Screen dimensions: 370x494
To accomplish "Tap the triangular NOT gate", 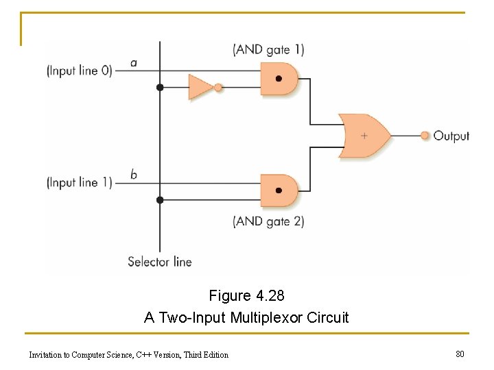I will click(200, 88).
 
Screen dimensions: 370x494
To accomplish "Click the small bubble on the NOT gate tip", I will click(218, 88).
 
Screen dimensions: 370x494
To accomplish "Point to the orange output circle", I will click(425, 136).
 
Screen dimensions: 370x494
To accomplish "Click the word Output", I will click(451, 136).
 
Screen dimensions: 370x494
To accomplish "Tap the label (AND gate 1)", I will click(268, 49).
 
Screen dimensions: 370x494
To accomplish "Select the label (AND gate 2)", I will click(268, 221).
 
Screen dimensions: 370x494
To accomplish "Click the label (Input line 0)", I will click(79, 70).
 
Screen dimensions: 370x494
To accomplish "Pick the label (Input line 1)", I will click(79, 182).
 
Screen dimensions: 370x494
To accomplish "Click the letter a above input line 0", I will click(133, 63).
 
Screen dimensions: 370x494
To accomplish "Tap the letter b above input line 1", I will click(133, 174).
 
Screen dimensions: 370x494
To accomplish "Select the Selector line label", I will click(159, 261).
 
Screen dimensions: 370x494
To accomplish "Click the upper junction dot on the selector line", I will click(160, 88).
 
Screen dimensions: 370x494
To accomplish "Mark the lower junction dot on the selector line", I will click(160, 200).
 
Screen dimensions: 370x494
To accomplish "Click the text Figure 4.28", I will click(246, 296).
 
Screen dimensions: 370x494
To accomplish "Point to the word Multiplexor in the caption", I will click(267, 318).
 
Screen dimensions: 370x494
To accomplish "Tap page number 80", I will click(460, 354).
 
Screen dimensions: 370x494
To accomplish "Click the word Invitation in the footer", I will click(45, 355).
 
